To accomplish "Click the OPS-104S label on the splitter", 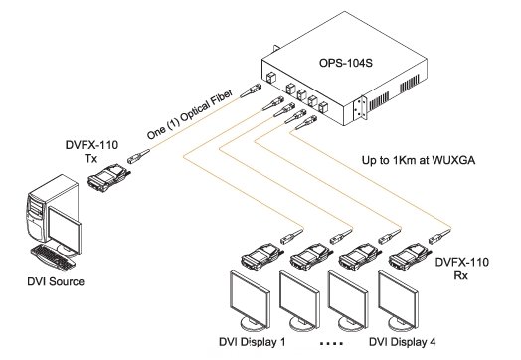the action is [x=346, y=63].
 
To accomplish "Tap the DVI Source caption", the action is [x=56, y=281].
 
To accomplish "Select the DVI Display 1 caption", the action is [x=253, y=342].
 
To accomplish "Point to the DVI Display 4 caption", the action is [x=403, y=342].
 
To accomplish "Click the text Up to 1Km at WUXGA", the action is [x=419, y=160].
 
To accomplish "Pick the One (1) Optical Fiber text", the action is [x=190, y=113].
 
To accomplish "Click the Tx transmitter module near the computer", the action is [x=109, y=178].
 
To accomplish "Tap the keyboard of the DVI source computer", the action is [x=53, y=257].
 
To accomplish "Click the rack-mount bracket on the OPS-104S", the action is [x=360, y=108].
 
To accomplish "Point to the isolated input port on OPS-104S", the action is [x=271, y=79].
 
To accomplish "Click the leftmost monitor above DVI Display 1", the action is [x=250, y=301].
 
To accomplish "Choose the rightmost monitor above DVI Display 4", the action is [x=398, y=301].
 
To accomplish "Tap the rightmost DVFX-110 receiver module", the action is [x=411, y=257].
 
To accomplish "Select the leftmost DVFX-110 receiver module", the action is [x=262, y=257].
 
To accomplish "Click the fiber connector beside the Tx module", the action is [x=138, y=156].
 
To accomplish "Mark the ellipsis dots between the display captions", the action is [x=331, y=344].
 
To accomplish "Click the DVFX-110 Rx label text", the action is [x=462, y=269].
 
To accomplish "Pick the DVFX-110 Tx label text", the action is [x=91, y=151].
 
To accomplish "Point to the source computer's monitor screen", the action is [x=65, y=230].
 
